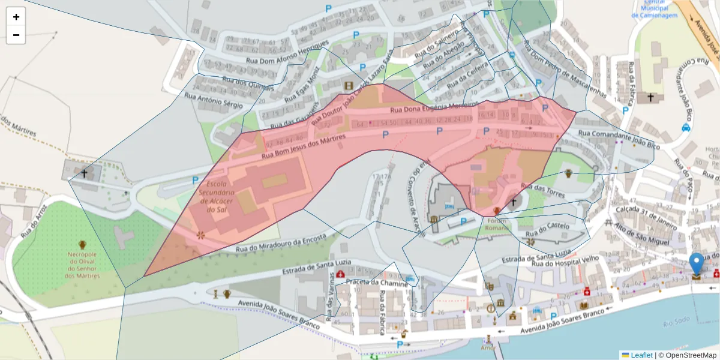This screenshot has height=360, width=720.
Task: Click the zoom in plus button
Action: pos(16,17)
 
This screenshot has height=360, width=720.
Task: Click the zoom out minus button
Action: pos(16,35)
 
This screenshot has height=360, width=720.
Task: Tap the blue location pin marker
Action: pos(696,263)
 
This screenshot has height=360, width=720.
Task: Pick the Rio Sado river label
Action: pos(677,324)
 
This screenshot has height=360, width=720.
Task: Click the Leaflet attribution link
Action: pos(641,355)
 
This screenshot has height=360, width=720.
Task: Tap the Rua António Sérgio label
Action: pos(213,100)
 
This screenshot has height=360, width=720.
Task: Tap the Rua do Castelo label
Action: pos(547,230)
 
